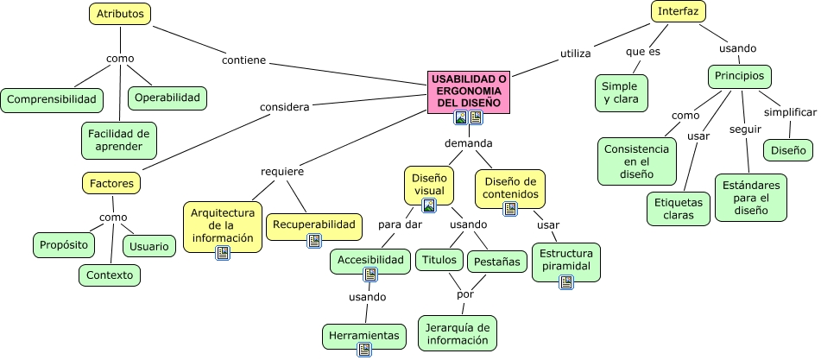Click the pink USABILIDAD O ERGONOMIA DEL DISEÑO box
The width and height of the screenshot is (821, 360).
click(x=468, y=91)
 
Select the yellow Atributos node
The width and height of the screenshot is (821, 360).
click(x=120, y=14)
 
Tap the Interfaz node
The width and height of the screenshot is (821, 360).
click(x=679, y=12)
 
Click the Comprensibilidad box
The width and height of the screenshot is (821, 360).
click(x=51, y=99)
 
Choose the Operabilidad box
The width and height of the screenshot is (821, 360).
click(x=167, y=98)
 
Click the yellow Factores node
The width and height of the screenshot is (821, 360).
click(x=111, y=183)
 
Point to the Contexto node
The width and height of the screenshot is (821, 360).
click(x=110, y=275)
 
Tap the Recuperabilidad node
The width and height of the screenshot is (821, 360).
click(x=313, y=225)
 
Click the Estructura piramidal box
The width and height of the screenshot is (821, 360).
click(x=566, y=260)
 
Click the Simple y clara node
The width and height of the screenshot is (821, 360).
click(x=620, y=92)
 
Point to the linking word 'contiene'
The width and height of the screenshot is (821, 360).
click(x=243, y=61)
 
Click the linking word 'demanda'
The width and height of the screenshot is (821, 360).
click(x=468, y=142)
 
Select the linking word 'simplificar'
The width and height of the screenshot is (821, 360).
click(x=790, y=113)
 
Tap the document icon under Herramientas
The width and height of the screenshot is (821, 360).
click(x=364, y=350)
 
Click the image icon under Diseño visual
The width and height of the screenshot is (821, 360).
click(x=428, y=205)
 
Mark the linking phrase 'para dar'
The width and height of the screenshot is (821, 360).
click(x=400, y=224)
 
